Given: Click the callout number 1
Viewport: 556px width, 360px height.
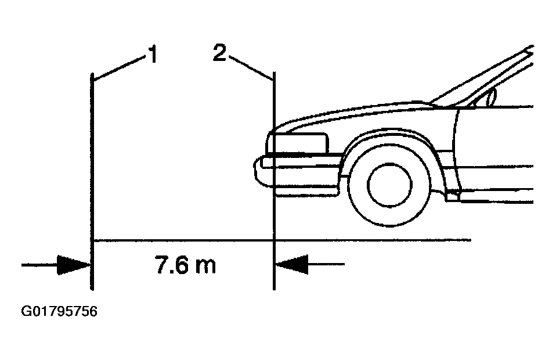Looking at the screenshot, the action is coord(153,54).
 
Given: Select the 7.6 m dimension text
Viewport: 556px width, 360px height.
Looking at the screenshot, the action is coord(185,265).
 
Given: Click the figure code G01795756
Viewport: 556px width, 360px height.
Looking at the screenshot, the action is coord(59,311).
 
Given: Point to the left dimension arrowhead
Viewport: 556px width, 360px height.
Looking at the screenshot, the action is coord(74,265).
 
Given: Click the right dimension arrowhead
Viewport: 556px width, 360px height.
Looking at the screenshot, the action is coord(292,264).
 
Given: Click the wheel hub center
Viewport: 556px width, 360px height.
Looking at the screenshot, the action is coord(389,185).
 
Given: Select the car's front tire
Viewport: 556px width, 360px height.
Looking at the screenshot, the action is coord(389,185).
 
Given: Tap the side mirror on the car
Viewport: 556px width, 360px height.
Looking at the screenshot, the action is coord(492,96).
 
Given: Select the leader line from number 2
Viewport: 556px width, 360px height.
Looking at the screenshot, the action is coord(250,67).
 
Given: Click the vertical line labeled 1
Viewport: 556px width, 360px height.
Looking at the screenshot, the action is coord(92,182).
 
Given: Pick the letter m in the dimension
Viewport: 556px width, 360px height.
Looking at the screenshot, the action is coord(205,267).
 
